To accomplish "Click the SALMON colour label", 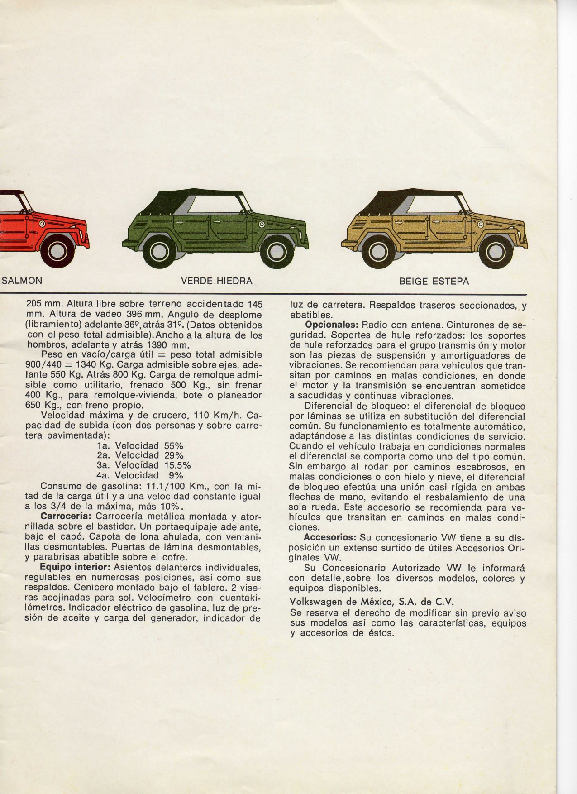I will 22,281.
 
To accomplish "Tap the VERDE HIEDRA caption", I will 217,281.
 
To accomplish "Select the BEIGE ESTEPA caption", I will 434,282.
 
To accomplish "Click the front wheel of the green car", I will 274,251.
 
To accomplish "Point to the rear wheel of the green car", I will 162,252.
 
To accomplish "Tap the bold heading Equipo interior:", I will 75,568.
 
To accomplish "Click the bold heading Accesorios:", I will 330,537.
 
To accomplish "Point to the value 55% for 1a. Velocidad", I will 174,445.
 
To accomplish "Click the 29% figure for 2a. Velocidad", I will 174,455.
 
